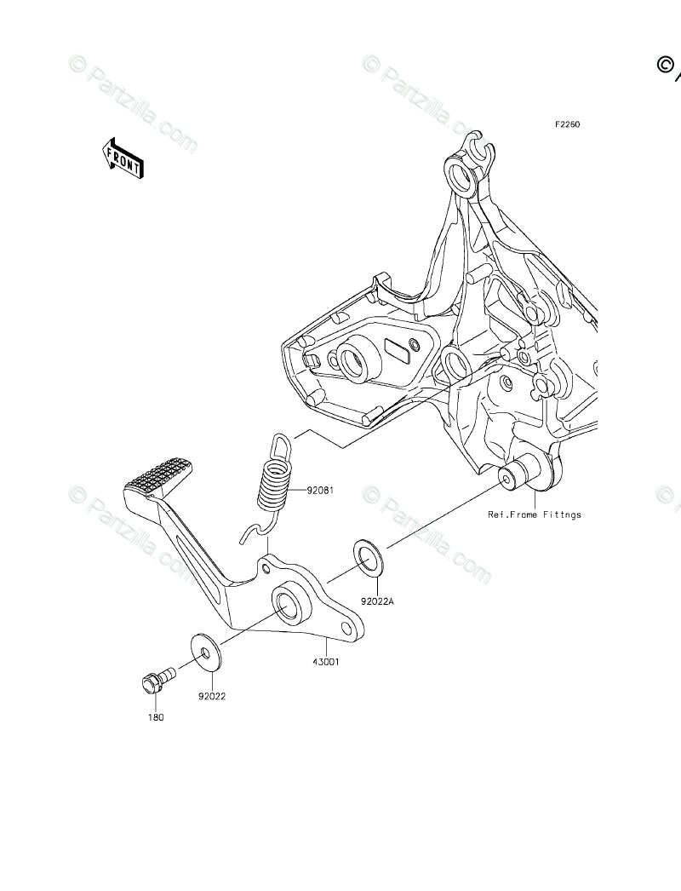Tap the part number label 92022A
tap(377, 601)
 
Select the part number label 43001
tap(326, 661)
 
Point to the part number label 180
tap(154, 717)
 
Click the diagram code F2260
tap(568, 124)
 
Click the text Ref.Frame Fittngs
tap(534, 514)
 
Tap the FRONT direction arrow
tap(123, 159)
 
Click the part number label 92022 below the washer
tap(212, 696)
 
